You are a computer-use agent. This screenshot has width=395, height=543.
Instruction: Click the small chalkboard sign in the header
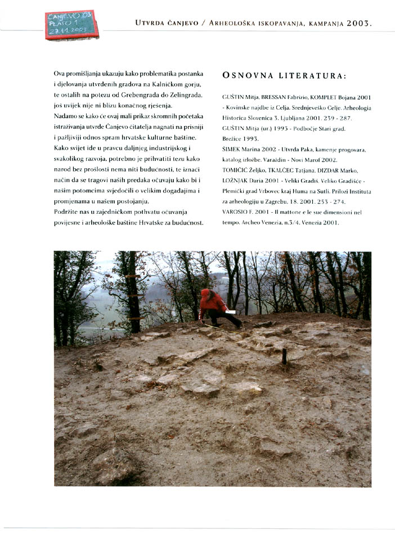(71, 25)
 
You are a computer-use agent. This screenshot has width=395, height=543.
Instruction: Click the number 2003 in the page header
(357, 24)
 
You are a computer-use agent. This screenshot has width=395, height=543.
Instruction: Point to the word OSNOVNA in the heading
(247, 76)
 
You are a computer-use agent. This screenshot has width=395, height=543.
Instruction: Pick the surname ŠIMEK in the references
(232, 149)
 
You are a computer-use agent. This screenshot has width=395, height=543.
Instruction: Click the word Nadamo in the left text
(66, 116)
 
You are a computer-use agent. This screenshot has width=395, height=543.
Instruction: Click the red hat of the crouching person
(205, 293)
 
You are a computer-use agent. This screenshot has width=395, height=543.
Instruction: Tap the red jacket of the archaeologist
(213, 304)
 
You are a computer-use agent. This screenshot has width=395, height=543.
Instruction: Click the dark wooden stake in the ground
(284, 356)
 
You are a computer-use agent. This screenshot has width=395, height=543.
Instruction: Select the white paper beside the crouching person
(230, 311)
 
